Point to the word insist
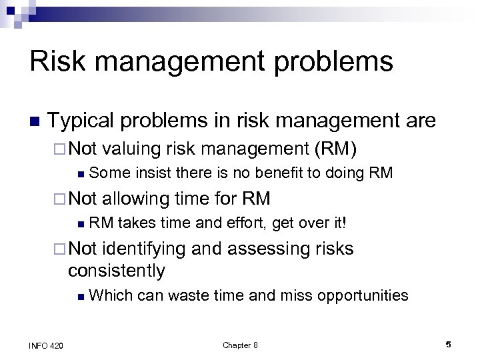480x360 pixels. point(153,173)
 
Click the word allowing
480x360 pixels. point(135,198)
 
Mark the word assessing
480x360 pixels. point(263,249)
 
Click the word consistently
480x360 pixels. point(116,271)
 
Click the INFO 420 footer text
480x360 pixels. point(47,345)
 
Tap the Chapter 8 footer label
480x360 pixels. point(240,345)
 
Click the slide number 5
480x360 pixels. point(448,345)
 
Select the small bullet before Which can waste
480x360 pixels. point(79,296)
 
